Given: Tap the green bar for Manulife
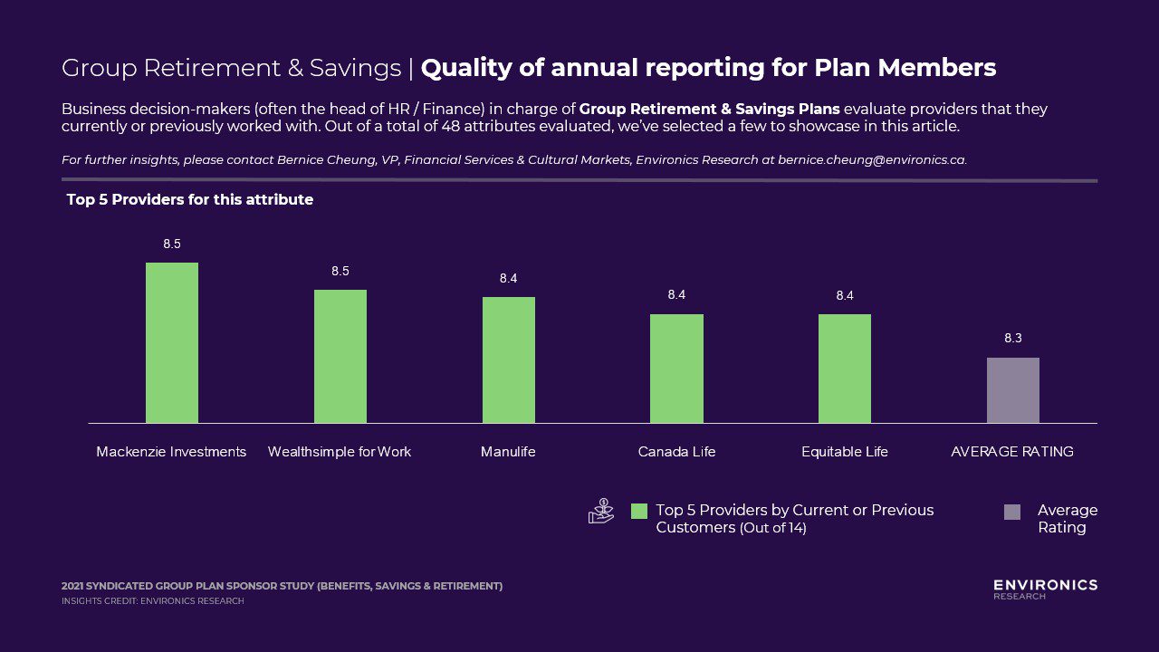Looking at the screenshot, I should (x=509, y=360).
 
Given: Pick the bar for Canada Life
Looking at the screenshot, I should (x=676, y=369).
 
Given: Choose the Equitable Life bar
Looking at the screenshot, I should (x=845, y=369).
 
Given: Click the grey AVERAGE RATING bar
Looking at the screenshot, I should (x=1013, y=390).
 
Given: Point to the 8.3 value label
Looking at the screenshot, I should (x=1013, y=338).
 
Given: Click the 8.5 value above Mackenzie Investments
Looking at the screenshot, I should (x=172, y=244).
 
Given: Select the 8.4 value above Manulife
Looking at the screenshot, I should (x=509, y=278).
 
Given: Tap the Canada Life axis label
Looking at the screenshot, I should (x=676, y=451).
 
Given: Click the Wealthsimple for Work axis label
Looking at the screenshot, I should (x=340, y=451).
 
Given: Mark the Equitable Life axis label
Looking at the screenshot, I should (x=845, y=451).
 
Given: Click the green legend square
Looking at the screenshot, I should (x=639, y=512).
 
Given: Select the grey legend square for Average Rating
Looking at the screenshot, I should (x=1012, y=512).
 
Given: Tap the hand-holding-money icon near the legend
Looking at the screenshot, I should (x=600, y=512).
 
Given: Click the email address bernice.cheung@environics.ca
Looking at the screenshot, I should (x=871, y=160).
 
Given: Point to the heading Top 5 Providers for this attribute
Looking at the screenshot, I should (x=190, y=199).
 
